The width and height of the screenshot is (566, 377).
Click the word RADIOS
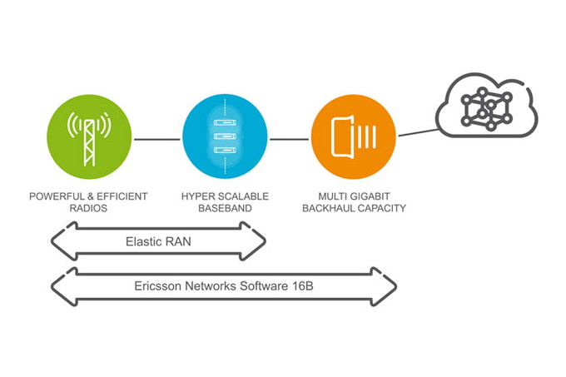[x=88, y=208]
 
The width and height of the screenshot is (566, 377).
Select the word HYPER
[x=197, y=196]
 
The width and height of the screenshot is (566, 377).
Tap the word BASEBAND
[x=224, y=208]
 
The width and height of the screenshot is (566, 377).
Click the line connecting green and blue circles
[x=156, y=139]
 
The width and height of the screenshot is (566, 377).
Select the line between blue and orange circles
[x=289, y=139]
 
